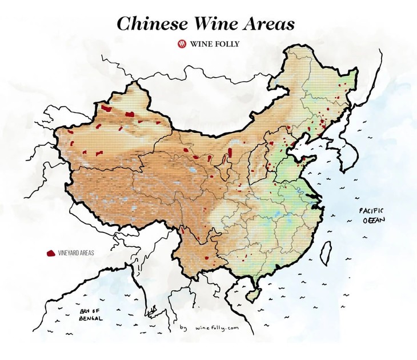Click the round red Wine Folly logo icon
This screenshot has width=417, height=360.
(x=182, y=43)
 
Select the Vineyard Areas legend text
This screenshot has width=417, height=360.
(x=75, y=252)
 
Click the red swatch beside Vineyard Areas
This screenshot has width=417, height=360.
(x=50, y=252)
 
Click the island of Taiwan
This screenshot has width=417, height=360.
(x=327, y=250)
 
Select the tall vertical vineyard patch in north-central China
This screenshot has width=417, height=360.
(x=230, y=153)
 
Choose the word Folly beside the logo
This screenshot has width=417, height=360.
(x=227, y=43)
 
